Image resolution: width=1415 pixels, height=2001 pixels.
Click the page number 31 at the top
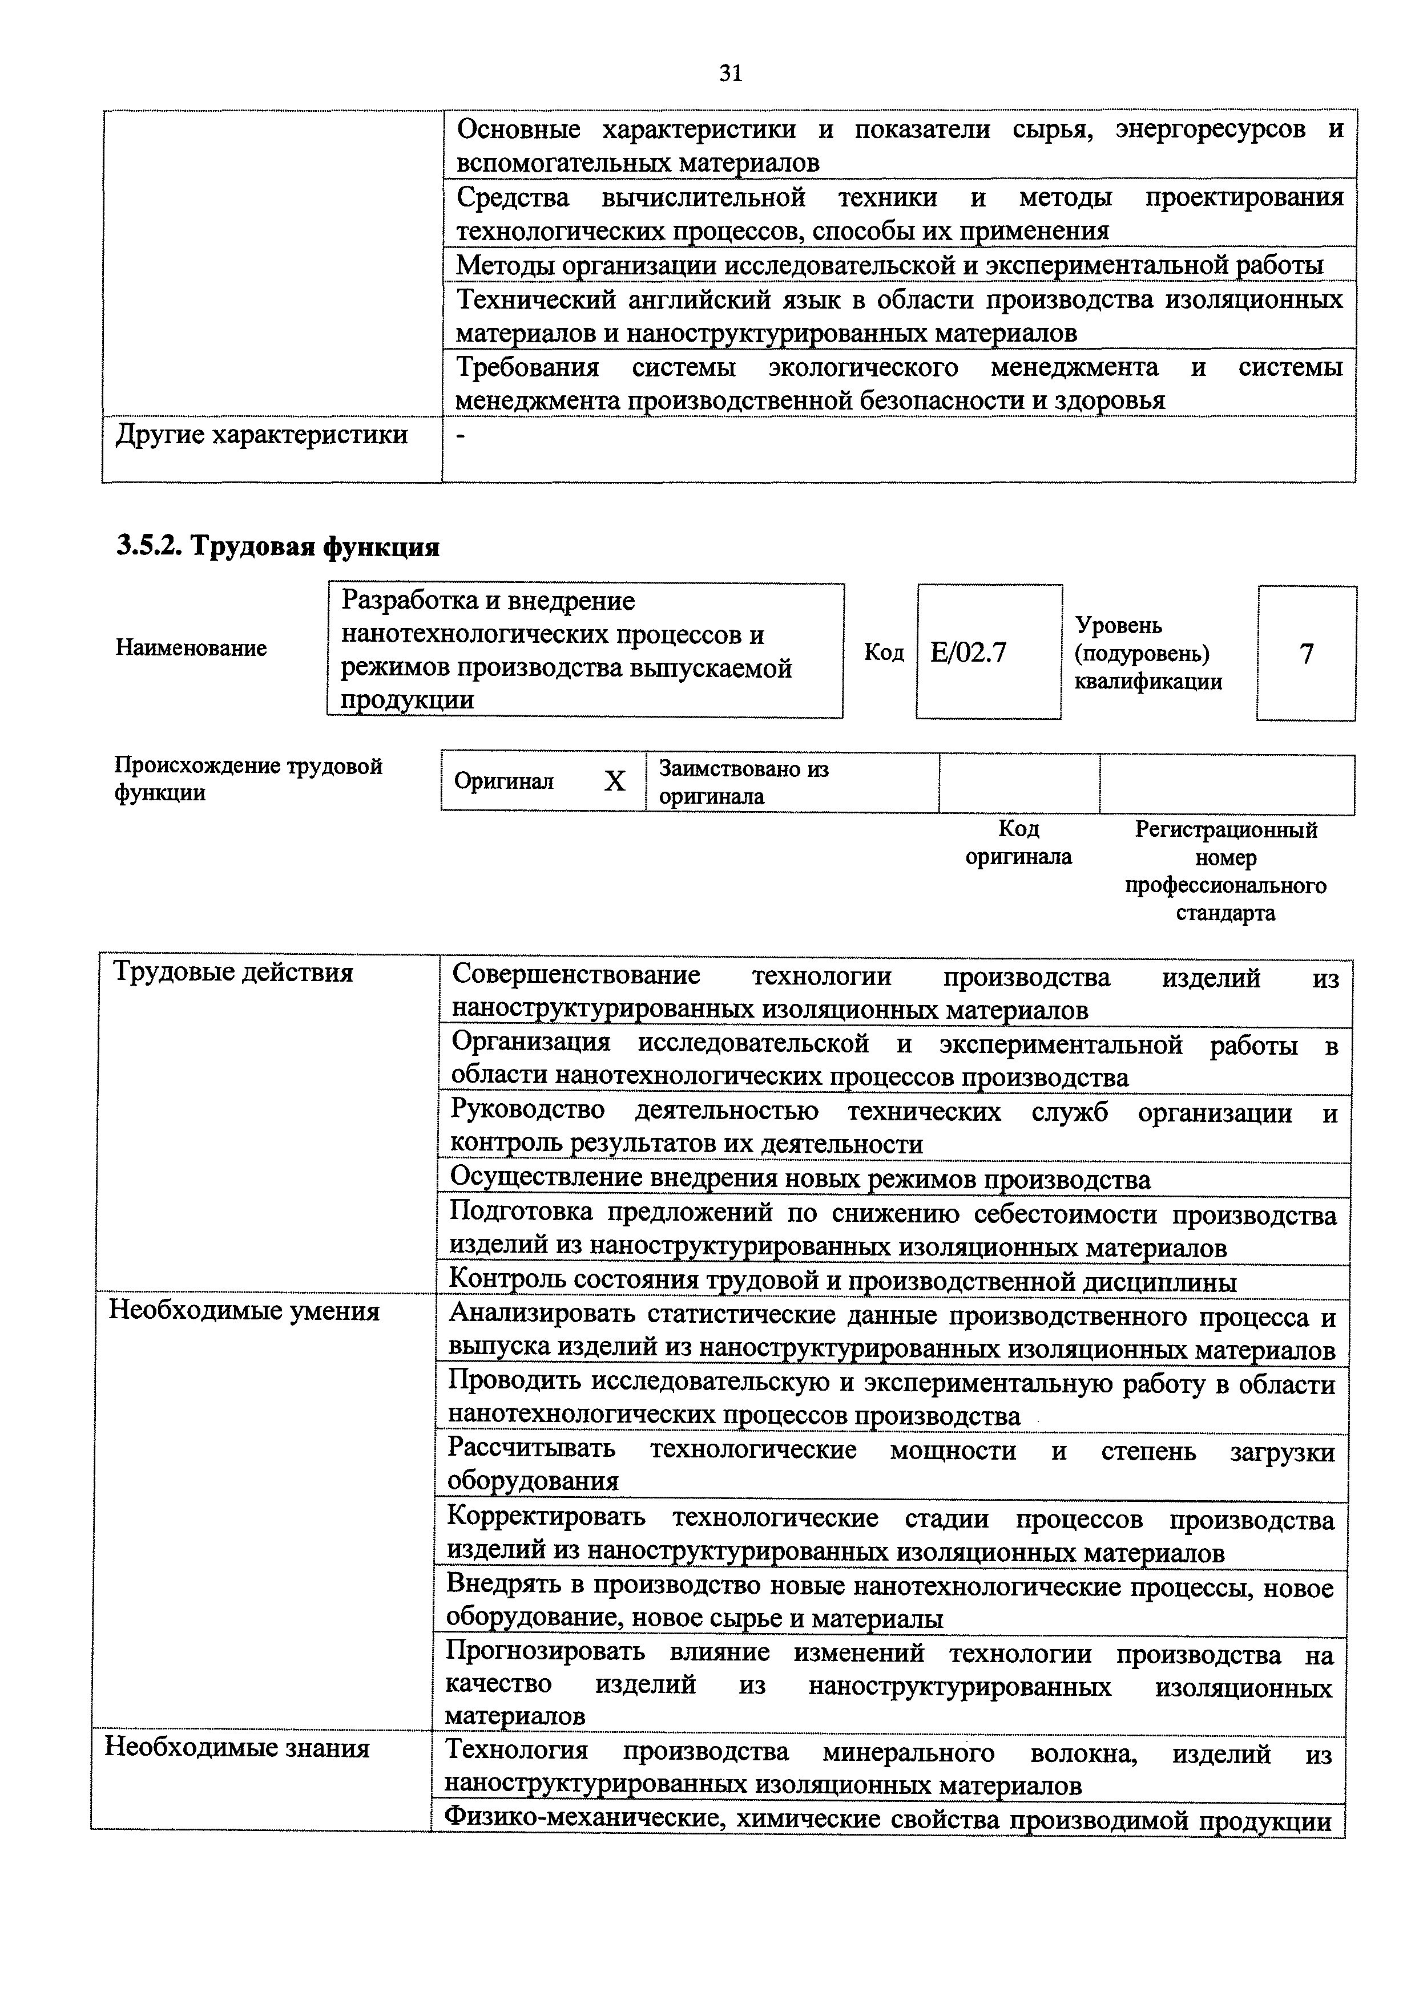[731, 74]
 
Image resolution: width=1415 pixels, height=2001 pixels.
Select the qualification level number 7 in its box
[1305, 654]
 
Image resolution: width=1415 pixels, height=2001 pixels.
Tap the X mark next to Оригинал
[615, 781]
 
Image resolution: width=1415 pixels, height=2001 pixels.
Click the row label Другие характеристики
[261, 434]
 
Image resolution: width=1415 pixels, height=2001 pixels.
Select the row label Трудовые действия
[233, 973]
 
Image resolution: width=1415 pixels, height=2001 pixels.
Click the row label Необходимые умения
[244, 1311]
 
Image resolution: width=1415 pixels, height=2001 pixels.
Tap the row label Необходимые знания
[237, 1748]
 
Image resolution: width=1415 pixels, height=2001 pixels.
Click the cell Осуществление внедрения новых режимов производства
[800, 1180]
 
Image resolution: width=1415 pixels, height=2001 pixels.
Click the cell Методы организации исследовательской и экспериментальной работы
[889, 265]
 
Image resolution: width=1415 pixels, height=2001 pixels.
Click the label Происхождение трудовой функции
[248, 779]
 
